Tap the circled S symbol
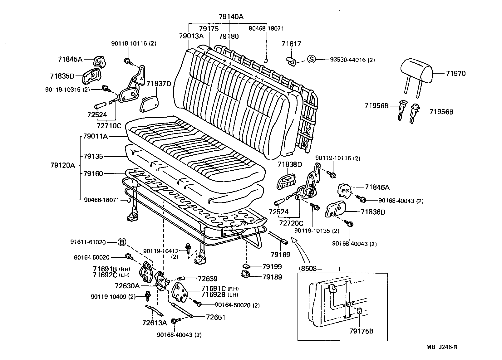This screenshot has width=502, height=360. tap(311, 59)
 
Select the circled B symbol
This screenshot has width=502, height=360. tap(122, 242)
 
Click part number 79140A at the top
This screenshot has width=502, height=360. tap(231, 17)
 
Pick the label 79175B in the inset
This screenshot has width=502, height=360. tap(361, 331)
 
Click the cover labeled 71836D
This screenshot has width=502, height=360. tap(336, 210)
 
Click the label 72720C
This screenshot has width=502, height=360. tap(291, 223)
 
